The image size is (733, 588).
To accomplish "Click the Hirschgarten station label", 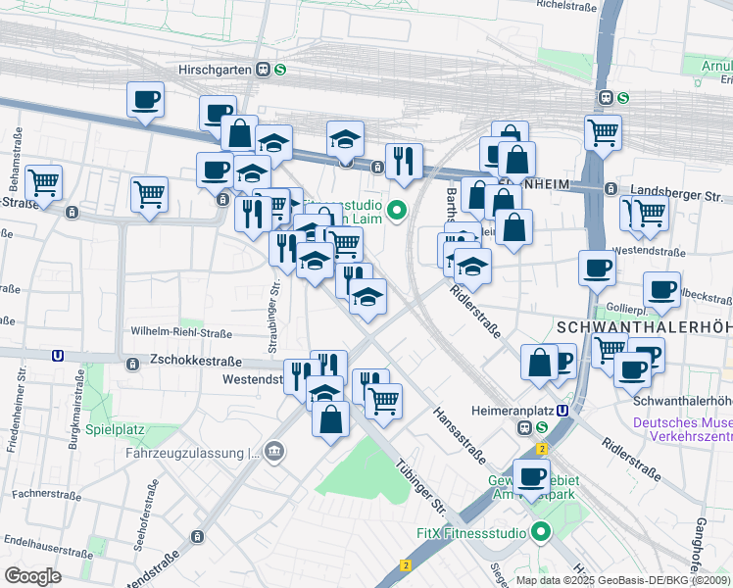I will (215, 70).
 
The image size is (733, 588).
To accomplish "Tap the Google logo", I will (32, 575).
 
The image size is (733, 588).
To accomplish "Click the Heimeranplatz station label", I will (478, 411).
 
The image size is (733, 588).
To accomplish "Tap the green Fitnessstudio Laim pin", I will (397, 209).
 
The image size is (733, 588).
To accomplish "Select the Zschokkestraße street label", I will (194, 361).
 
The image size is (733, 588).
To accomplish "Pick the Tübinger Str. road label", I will (421, 486).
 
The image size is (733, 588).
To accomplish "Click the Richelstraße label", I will (567, 5).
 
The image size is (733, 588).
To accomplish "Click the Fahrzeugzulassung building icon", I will (275, 452).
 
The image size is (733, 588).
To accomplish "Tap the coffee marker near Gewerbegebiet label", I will (531, 477).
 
